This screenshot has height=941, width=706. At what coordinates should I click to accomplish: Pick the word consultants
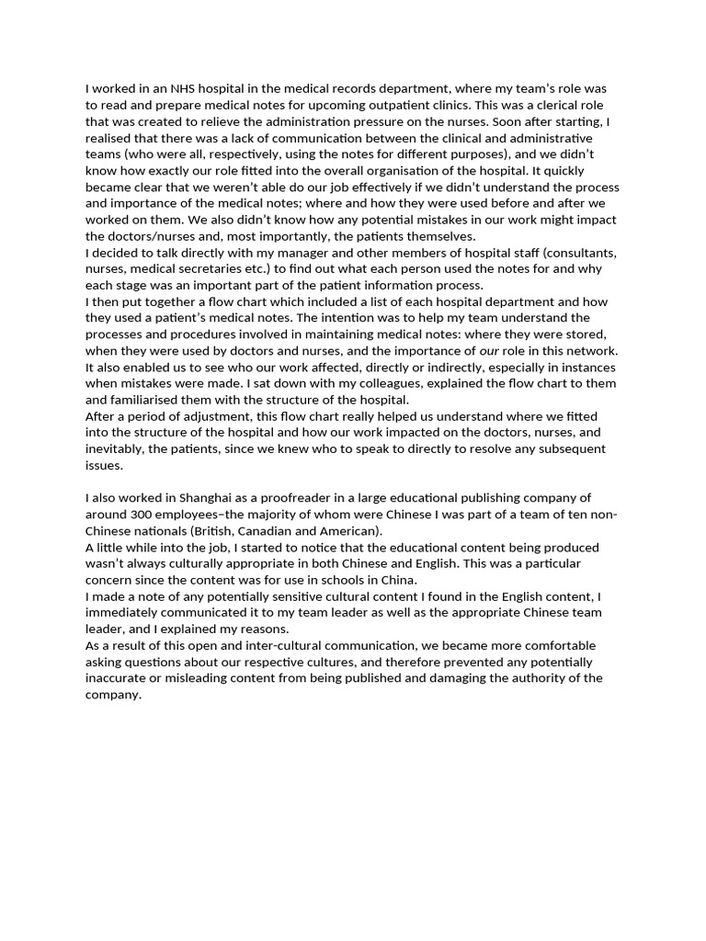click(576, 253)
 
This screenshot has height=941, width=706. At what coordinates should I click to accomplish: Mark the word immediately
click(128, 614)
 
